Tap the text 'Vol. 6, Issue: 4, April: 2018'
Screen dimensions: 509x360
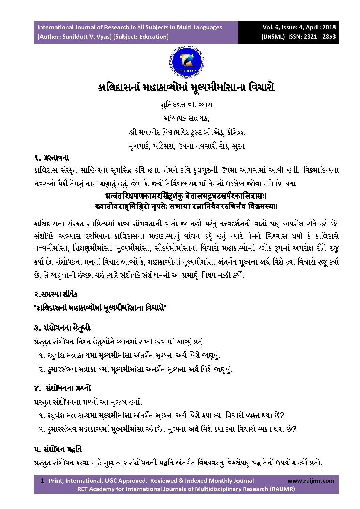[299, 27]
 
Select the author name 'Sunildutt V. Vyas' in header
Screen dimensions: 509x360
[86, 37]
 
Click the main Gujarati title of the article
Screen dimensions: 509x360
[186, 88]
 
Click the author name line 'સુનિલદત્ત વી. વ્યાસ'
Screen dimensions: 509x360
[186, 105]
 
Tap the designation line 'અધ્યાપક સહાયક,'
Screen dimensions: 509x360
[186, 118]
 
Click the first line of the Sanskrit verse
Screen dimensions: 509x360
[186, 197]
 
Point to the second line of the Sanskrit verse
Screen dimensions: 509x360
[186, 206]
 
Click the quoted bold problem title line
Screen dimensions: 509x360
[100, 308]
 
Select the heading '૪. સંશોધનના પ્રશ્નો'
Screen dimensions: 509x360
[62, 388]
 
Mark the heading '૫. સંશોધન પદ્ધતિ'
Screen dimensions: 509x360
[58, 449]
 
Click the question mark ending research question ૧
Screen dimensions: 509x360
[281, 415]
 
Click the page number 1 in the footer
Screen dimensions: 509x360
[42, 480]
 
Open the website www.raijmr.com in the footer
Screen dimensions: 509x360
[310, 480]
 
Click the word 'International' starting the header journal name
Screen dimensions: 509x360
[55, 27]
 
